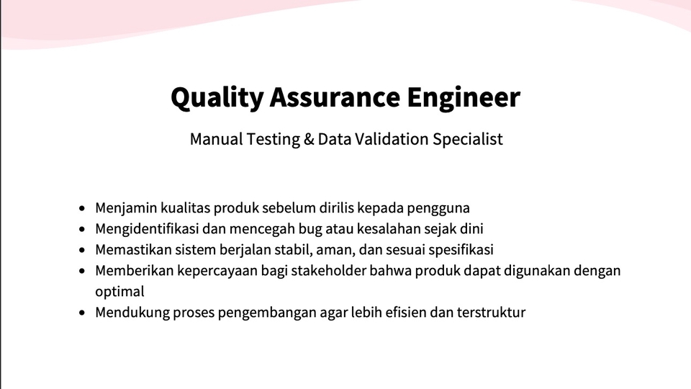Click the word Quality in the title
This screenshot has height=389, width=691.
tap(217, 97)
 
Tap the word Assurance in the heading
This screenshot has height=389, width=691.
tap(335, 97)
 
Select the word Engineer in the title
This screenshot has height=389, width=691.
tap(464, 99)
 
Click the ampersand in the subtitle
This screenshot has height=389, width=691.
tap(309, 139)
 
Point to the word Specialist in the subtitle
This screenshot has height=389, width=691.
tap(468, 139)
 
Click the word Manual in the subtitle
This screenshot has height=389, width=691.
tap(217, 139)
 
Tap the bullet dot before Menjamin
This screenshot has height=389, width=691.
tap(82, 208)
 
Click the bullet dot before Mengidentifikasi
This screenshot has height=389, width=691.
tap(82, 229)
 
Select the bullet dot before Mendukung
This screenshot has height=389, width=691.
tap(82, 313)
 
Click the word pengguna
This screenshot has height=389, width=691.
tap(438, 208)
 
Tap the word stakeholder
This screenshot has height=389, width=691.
tap(329, 270)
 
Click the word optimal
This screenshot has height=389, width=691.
tap(120, 292)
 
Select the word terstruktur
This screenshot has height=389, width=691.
tap(491, 312)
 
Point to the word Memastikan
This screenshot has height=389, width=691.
tap(134, 250)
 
